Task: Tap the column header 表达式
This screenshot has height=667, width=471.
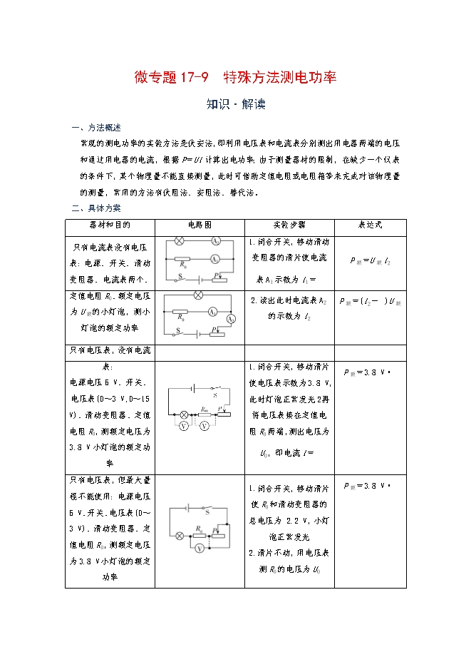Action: point(370,225)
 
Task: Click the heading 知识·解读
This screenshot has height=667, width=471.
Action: point(236,104)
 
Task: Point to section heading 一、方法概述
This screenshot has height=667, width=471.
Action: point(98,128)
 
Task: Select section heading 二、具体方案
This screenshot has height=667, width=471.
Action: point(98,208)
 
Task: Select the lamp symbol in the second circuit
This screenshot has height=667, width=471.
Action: point(199,295)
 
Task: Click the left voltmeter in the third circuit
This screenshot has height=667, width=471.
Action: point(183,425)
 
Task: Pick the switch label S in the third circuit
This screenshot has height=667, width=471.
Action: point(215,394)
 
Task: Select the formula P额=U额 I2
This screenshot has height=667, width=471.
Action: point(371,262)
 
